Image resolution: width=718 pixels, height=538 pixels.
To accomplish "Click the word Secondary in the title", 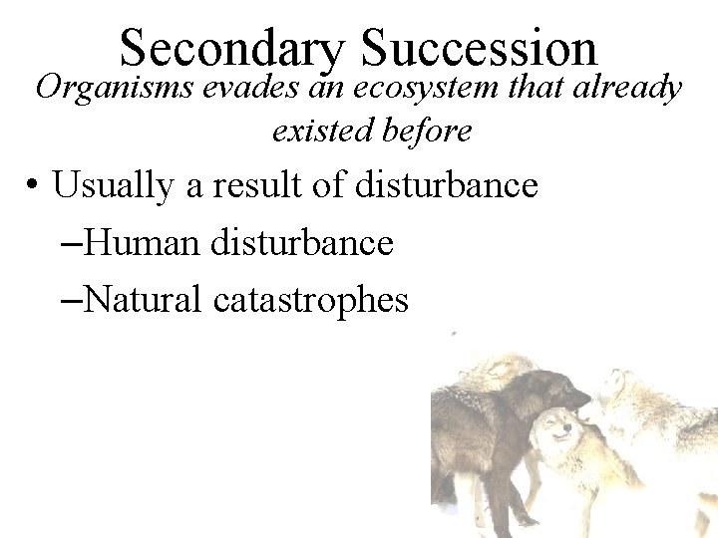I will pos(231,49).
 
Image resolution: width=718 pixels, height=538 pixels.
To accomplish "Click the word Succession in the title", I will pos(479,47).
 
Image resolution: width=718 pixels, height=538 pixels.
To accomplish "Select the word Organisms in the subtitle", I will pos(114,90).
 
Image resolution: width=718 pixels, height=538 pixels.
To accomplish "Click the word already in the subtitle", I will pos(627,90).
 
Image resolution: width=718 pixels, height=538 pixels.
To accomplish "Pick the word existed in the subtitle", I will pos(320,130).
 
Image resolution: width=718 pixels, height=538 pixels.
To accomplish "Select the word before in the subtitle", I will pos(431,130).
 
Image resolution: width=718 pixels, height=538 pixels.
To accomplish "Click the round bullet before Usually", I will pos(34,186).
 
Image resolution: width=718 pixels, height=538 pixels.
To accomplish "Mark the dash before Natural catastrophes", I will pos(71,299).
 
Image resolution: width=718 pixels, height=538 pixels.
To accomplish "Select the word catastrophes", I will pos(311,300).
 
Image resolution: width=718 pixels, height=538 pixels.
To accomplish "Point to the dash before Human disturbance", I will pos(71,242).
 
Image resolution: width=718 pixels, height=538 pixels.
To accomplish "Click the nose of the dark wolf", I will pos(586,397).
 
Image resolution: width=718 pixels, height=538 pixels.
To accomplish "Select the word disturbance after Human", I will pos(302,242).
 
